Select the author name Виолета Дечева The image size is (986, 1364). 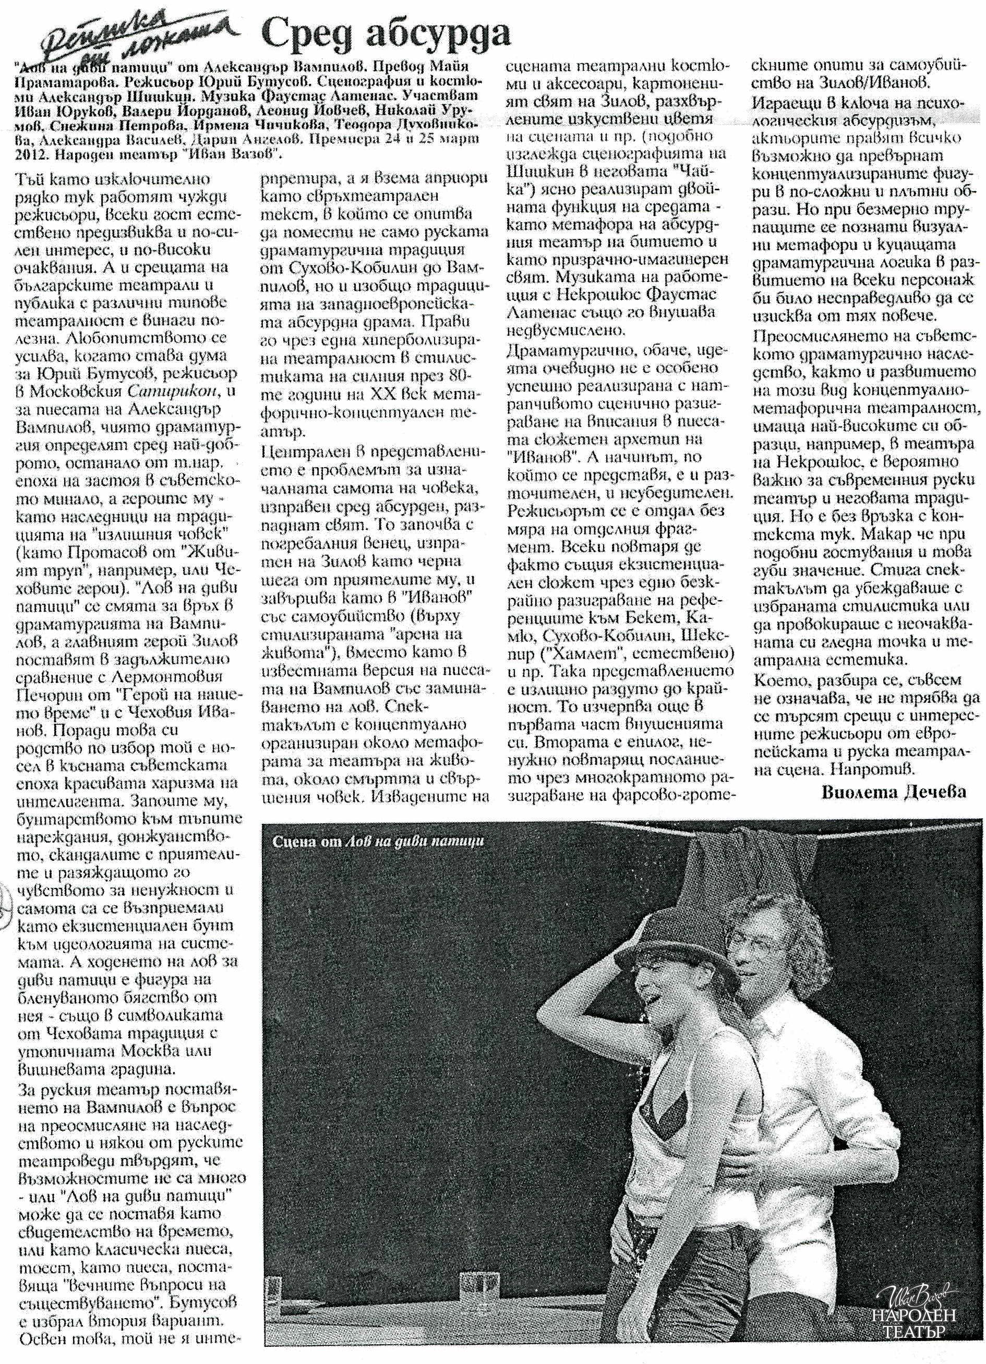tap(893, 791)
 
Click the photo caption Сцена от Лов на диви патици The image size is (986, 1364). tap(378, 842)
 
